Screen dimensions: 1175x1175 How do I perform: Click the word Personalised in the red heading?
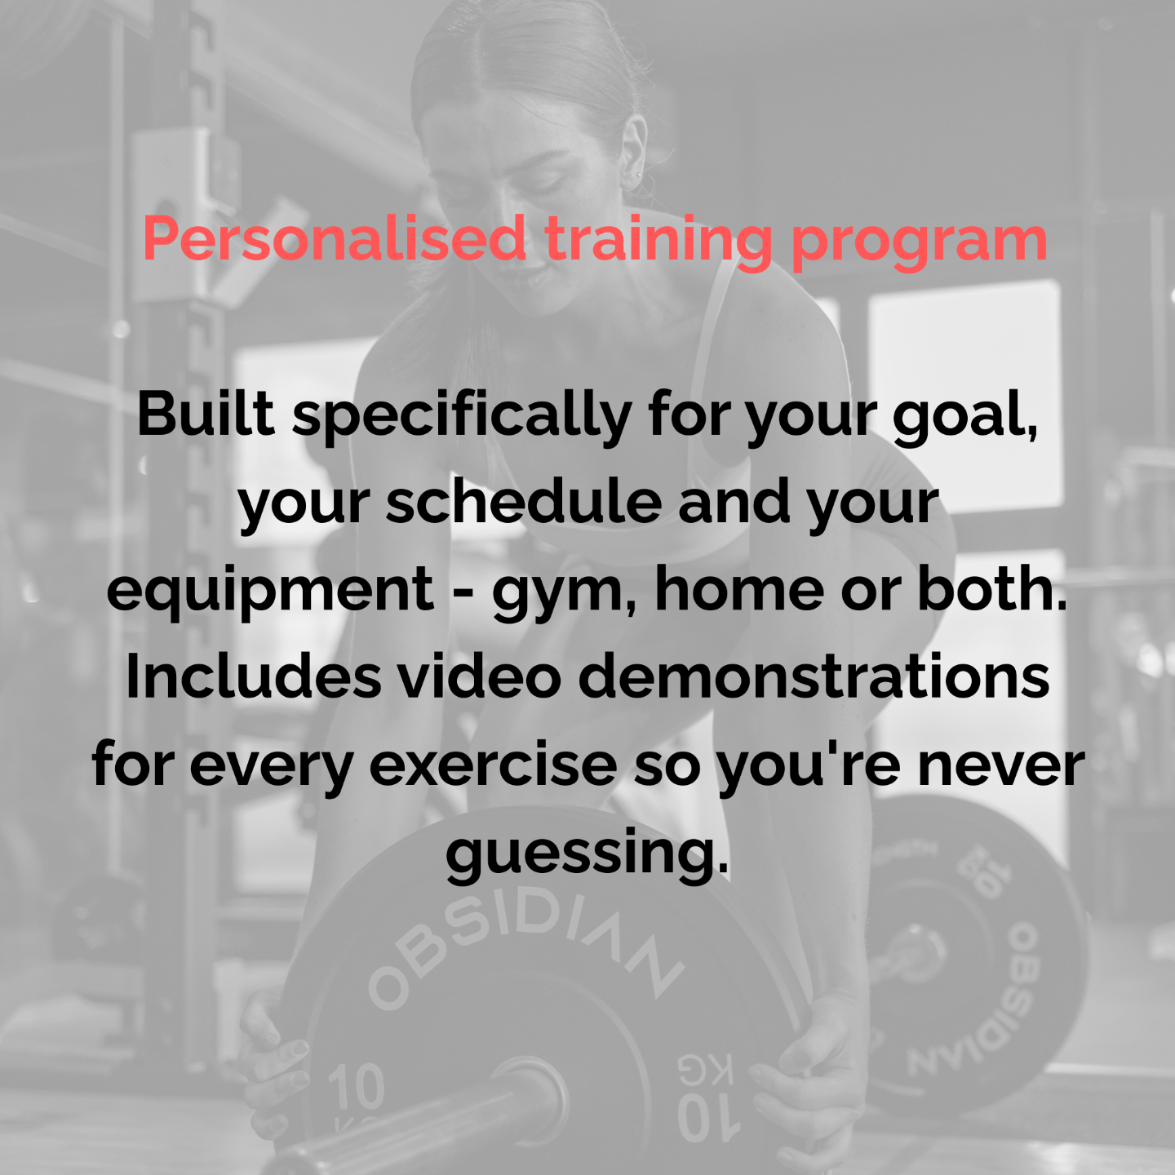tap(335, 239)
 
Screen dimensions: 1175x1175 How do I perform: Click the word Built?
tap(206, 414)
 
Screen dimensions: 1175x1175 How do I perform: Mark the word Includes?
tap(254, 677)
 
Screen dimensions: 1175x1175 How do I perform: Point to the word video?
tap(480, 677)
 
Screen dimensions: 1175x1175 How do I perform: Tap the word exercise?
tap(493, 766)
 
